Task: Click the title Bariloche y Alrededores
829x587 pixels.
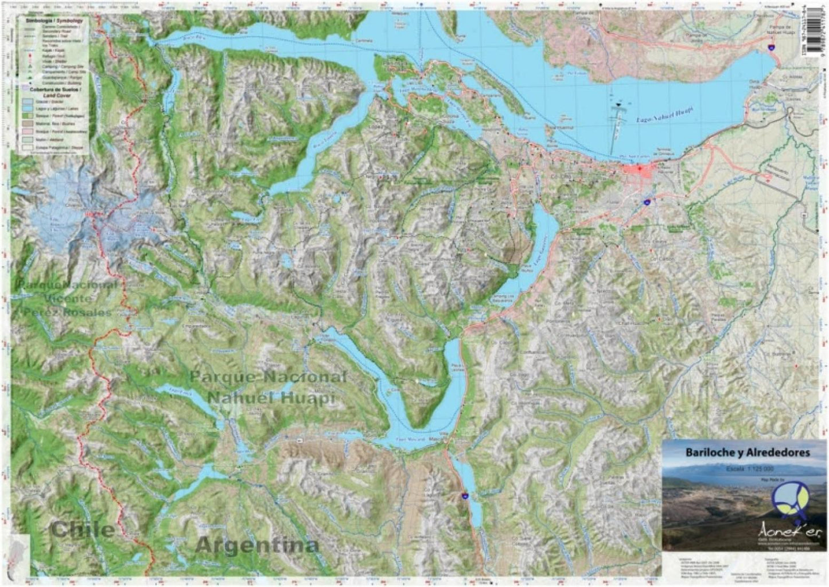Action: point(748,452)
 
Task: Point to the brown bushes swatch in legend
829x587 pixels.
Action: point(28,124)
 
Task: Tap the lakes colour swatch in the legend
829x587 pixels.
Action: point(28,108)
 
